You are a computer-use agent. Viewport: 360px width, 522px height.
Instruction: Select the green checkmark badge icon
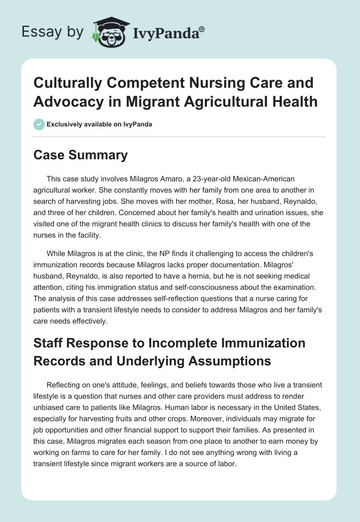pos(39,124)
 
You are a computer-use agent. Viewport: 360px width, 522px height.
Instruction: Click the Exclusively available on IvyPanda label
pos(99,124)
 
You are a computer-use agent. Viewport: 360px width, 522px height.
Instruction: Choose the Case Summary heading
pos(81,155)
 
